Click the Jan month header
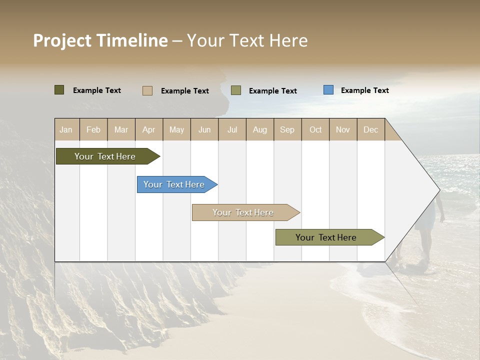(x=66, y=129)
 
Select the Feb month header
(x=93, y=129)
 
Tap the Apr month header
(x=149, y=129)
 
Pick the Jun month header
(x=204, y=129)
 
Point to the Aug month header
(x=260, y=129)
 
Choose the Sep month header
(x=287, y=129)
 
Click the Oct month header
(x=315, y=129)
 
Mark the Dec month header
(x=371, y=129)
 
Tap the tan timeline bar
(x=243, y=212)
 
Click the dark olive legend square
(x=59, y=90)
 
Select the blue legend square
(x=328, y=90)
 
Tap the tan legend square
(x=147, y=90)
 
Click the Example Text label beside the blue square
(x=364, y=90)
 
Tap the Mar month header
(x=121, y=129)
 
